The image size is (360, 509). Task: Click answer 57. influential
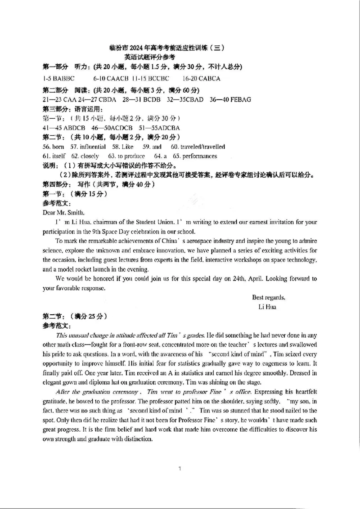tap(88, 147)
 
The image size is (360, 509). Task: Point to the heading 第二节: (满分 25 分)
tap(74, 316)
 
